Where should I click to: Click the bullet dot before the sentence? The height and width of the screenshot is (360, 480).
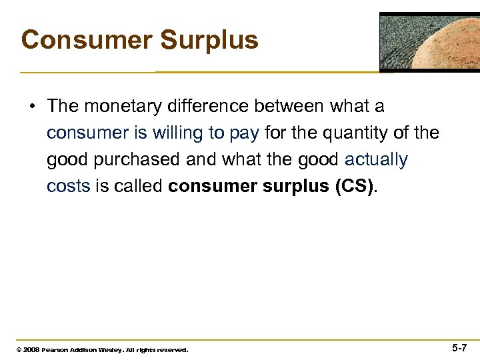[32, 107]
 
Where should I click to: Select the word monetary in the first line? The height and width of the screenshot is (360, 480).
[126, 106]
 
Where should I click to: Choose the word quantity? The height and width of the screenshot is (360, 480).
[357, 133]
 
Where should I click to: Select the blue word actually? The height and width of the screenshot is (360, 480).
[376, 160]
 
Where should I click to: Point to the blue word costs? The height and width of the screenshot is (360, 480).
[68, 186]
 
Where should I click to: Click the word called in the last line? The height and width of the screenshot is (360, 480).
[138, 186]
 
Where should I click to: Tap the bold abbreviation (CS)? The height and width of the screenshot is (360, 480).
[354, 186]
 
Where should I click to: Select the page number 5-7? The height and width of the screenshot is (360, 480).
[459, 348]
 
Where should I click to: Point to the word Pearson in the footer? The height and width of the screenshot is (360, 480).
[55, 349]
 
